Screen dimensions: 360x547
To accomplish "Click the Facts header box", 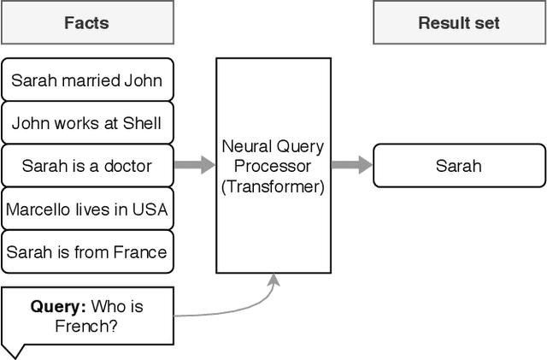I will coord(86,22).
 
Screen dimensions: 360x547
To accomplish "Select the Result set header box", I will coord(459,22).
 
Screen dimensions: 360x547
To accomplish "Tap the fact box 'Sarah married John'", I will coord(86,81).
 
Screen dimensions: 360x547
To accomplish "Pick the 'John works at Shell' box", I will coord(86,123).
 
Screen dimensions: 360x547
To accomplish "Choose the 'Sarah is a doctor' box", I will coord(86,166).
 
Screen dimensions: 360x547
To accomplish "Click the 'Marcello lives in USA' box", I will coord(86,209).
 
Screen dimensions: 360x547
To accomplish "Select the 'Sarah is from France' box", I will coord(86,251).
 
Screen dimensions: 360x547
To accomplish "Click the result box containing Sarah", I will coord(459,166).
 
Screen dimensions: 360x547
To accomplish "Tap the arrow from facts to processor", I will coord(194,165).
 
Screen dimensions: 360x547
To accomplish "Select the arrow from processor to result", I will coord(351,165).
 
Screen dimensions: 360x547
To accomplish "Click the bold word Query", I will coord(57,306).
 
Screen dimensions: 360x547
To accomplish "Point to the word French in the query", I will coord(55,325).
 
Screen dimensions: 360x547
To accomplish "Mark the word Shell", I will coord(142,123).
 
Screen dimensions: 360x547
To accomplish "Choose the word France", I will coord(142,251).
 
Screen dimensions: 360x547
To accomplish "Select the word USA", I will coord(151,209).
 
